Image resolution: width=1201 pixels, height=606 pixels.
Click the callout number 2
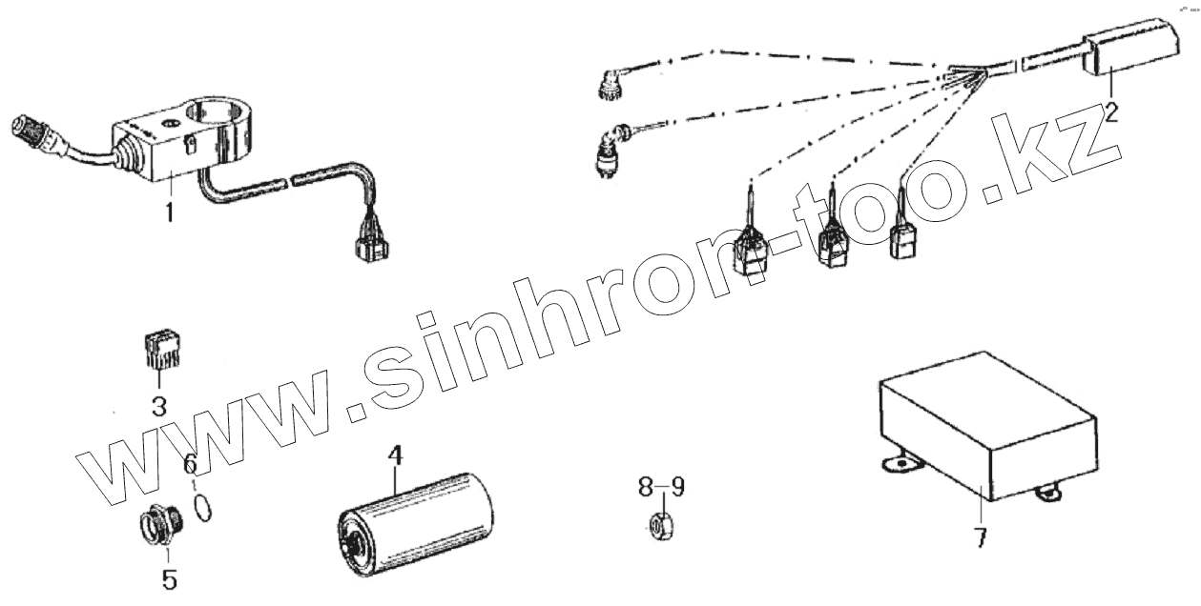click(1109, 113)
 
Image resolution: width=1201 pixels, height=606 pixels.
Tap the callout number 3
click(158, 407)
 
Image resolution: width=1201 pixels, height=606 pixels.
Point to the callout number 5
click(168, 577)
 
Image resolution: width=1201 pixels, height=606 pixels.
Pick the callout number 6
click(190, 464)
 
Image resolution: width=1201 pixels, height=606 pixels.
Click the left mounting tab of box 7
click(896, 464)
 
